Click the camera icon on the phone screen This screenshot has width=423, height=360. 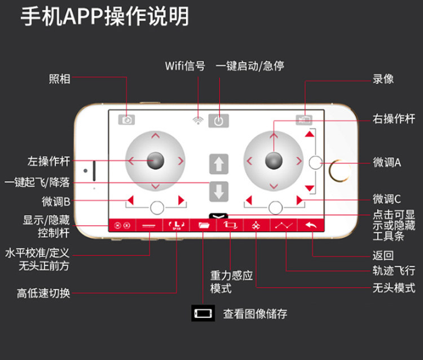pyautogui.click(x=127, y=120)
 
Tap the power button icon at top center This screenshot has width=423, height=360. pyautogui.click(x=219, y=120)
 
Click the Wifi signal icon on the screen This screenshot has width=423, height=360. pyautogui.click(x=197, y=120)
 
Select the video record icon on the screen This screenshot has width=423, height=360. pyautogui.click(x=305, y=120)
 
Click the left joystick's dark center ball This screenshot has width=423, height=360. pyautogui.click(x=155, y=160)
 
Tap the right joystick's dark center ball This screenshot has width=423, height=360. pyautogui.click(x=274, y=160)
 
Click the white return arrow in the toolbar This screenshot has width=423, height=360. pyautogui.click(x=310, y=225)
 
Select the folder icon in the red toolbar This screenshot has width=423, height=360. pyautogui.click(x=202, y=225)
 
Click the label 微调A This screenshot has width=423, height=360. pyautogui.click(x=387, y=163)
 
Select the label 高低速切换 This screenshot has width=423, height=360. pyautogui.click(x=43, y=293)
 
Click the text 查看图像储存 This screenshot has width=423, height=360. pyautogui.click(x=255, y=314)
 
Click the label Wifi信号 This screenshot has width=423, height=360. pyautogui.click(x=185, y=65)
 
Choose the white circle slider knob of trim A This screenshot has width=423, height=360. pyautogui.click(x=315, y=163)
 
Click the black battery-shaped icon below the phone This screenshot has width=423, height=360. pyautogui.click(x=203, y=313)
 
